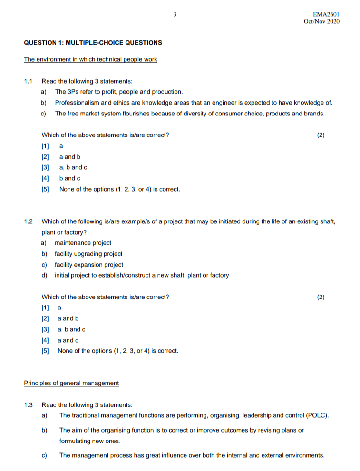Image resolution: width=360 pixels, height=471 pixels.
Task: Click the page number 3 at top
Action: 175,15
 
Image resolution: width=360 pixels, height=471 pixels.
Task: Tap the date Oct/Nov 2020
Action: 321,22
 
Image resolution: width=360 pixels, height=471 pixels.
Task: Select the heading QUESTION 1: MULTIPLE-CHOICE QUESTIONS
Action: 93,43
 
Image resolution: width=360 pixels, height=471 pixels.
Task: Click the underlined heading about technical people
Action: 90,59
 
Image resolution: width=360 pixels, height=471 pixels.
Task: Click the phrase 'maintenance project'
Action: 83,243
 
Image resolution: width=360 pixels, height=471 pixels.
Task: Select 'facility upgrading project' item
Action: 88,254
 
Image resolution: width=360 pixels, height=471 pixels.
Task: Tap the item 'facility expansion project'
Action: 89,265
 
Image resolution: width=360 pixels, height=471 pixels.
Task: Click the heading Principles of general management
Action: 71,383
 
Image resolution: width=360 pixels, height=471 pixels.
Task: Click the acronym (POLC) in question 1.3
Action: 315,415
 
